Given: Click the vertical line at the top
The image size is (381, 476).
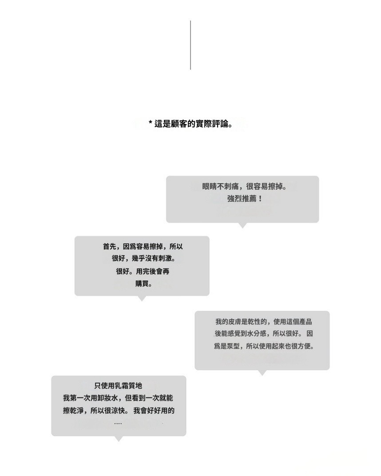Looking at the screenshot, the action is point(190,45).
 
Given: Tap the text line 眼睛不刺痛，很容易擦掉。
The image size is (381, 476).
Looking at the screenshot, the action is point(243,187).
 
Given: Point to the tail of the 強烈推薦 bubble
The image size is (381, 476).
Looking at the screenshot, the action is point(242,225).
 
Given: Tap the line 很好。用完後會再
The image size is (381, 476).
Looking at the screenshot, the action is point(143,271).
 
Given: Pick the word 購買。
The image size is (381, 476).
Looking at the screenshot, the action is point(143,284).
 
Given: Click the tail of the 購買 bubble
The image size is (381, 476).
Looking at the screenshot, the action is point(142,298).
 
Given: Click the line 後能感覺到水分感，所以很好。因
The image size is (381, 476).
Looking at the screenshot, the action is point(264,333).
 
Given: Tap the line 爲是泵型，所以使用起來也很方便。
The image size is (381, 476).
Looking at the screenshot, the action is point(264,346).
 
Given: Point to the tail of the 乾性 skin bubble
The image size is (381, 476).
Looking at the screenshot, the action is point(262,372).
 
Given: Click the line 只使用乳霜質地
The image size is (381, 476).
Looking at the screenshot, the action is point(118,386).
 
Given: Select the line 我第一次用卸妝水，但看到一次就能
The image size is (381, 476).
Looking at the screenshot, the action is point(118,398).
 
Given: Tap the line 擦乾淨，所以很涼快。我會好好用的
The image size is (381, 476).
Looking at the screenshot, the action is point(119,411).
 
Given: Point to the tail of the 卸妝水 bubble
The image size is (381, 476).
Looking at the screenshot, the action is point(118,439).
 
